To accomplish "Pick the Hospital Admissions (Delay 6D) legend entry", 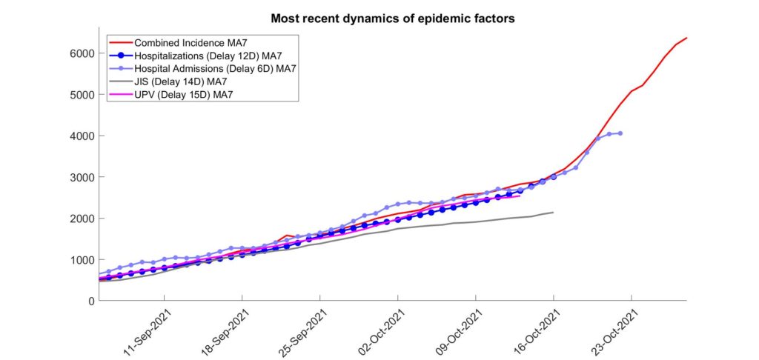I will point(214,68).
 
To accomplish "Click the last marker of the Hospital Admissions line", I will point(620,133).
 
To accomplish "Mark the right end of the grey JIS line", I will point(553,213).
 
